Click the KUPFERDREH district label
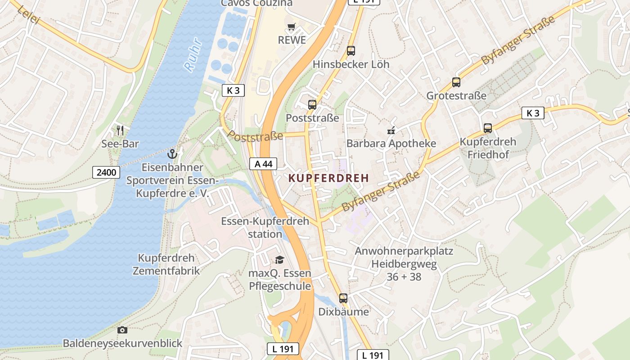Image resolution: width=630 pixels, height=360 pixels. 328,178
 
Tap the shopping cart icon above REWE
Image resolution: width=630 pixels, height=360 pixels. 291,27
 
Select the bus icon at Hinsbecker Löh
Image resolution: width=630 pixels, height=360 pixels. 351,51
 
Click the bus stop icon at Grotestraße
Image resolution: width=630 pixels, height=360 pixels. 456,82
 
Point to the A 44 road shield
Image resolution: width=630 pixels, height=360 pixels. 263,164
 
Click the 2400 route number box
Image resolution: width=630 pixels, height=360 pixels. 106,172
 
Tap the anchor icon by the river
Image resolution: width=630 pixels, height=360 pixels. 172,154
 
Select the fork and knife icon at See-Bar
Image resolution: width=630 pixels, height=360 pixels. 120,130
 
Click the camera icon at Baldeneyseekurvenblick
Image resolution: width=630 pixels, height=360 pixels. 122,330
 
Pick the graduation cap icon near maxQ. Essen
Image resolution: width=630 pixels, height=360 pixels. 280,260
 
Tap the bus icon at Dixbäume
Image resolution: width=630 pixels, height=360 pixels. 343,298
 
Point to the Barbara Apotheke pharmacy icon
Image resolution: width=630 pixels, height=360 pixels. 391,130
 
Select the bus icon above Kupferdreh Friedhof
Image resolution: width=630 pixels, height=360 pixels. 487,128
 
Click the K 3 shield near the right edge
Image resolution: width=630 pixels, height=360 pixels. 533,113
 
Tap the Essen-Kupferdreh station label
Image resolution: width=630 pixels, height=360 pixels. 265,227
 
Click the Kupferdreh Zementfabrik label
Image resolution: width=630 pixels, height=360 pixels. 166,264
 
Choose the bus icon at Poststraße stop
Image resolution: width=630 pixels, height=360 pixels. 312,105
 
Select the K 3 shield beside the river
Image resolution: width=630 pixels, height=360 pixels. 233,90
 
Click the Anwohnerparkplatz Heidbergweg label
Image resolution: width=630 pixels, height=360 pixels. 404,264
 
